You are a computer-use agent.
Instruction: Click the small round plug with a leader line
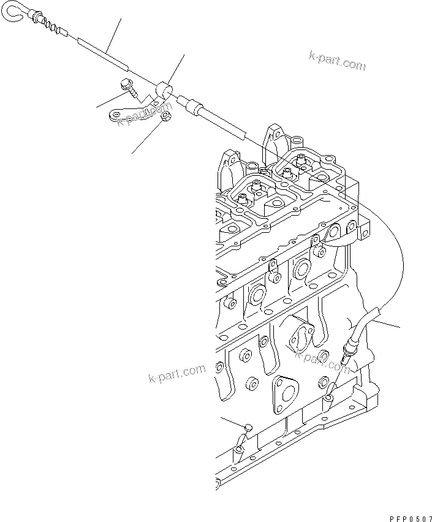click(x=248, y=427)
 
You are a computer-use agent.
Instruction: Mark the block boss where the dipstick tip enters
click(x=329, y=398)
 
